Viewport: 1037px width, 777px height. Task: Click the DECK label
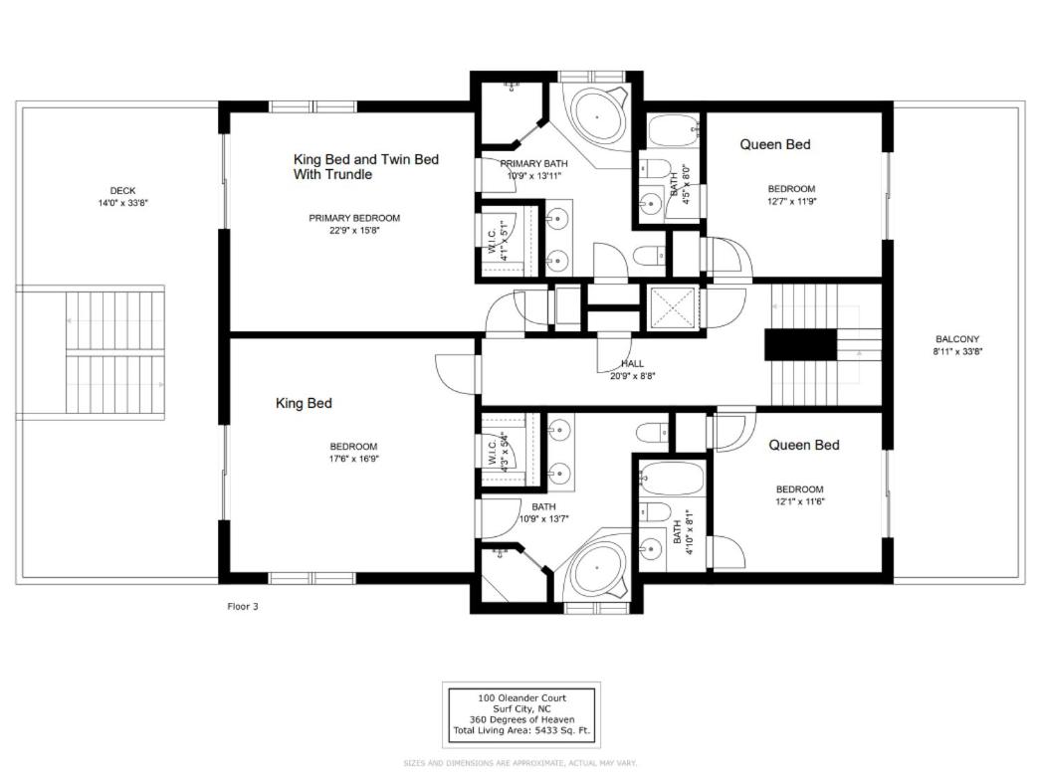(123, 190)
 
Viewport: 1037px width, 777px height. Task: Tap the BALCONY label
(957, 339)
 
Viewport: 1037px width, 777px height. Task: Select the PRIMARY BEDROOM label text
(354, 218)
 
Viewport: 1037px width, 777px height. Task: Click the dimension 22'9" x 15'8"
(354, 231)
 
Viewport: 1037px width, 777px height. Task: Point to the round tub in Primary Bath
(597, 117)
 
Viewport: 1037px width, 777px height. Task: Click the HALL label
(632, 364)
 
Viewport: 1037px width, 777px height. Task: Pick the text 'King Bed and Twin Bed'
(365, 159)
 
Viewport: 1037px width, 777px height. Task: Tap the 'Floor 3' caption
(243, 607)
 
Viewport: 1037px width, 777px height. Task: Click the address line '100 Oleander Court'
(521, 697)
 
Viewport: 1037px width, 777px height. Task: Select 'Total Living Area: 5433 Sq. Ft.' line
(521, 730)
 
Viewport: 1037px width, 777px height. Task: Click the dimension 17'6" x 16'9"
(354, 459)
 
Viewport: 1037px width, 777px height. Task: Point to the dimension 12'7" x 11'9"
(791, 202)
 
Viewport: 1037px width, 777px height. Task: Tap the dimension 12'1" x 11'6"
(799, 501)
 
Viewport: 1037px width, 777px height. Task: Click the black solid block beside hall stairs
(801, 344)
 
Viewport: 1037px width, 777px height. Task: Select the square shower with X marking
(672, 306)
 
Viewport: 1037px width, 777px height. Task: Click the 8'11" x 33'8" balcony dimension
(957, 352)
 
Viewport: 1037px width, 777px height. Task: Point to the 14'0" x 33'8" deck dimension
(123, 203)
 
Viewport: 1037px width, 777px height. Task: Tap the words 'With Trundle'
(332, 174)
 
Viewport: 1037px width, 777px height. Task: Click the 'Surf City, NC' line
(521, 709)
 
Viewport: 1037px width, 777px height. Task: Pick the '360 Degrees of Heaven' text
(521, 719)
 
